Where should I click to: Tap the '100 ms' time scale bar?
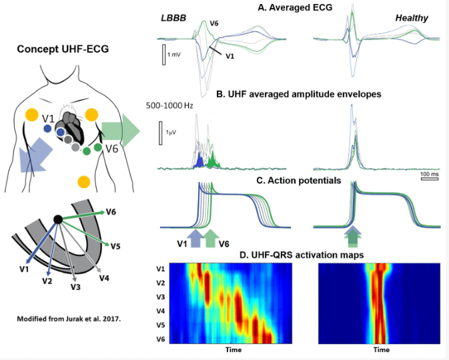click(429, 178)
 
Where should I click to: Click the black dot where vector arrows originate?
click(58, 219)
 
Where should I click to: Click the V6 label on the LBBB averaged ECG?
click(214, 24)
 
